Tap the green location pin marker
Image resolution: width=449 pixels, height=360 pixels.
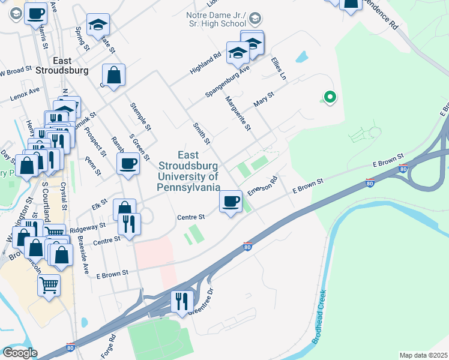tap(329, 96)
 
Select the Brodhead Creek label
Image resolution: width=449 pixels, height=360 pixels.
tap(319, 317)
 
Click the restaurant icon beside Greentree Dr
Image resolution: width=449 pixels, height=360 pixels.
tap(182, 301)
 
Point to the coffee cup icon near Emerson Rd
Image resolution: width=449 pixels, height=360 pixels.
tap(231, 201)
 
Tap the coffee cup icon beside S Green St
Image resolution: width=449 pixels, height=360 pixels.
tap(128, 163)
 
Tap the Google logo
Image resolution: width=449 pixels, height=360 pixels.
tap(20, 353)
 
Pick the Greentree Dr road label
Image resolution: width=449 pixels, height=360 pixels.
tap(201, 304)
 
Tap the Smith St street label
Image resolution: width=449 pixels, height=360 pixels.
tap(201, 133)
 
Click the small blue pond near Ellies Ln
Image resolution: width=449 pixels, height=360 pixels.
tap(301, 58)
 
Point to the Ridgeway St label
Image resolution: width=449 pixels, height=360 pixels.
tap(87, 227)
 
